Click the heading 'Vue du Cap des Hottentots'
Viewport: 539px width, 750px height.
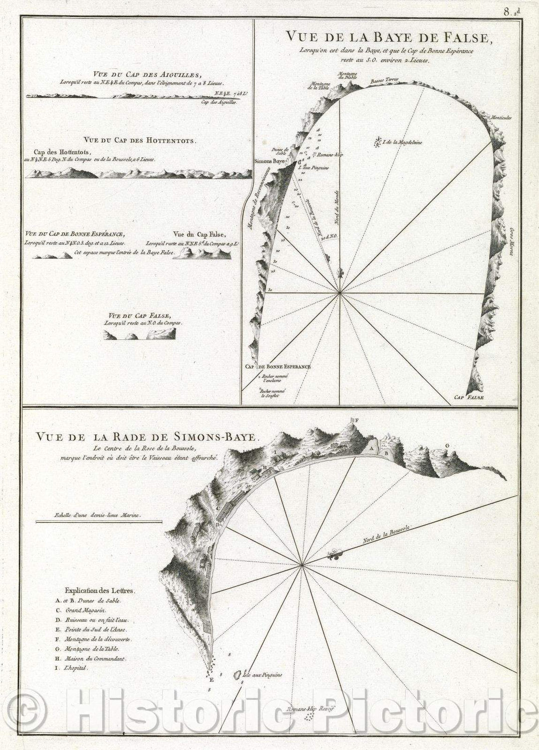pos(141,141)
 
